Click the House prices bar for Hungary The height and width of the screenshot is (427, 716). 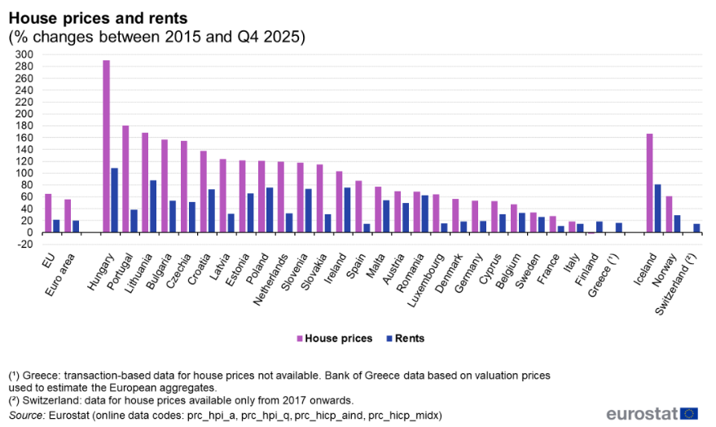(x=106, y=147)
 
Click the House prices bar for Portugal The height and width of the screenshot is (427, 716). (x=125, y=179)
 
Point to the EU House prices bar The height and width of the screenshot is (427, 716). (x=48, y=213)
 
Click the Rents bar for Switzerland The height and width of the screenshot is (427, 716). (x=696, y=228)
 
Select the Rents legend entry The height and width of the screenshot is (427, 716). (x=402, y=338)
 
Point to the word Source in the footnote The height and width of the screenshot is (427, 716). (x=26, y=416)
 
